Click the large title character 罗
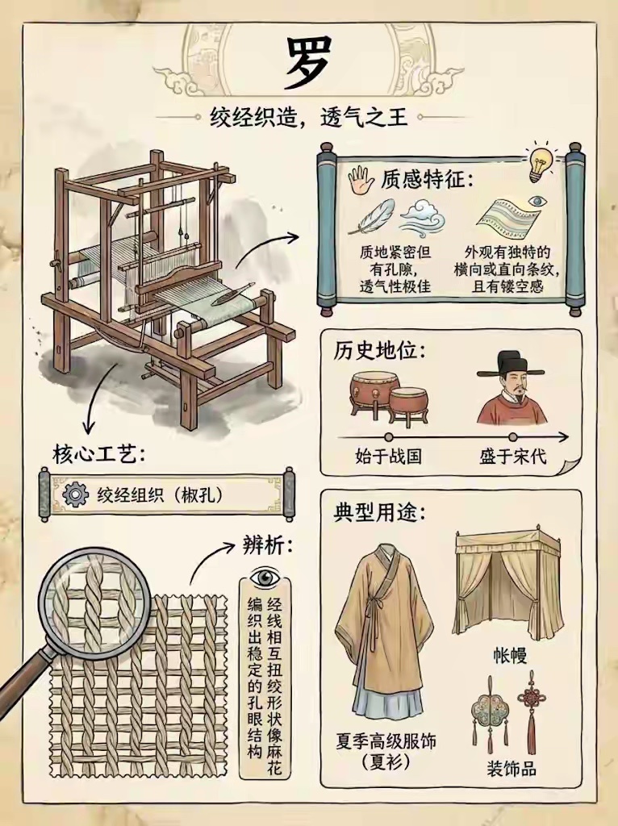coord(308,63)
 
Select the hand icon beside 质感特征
coord(361,180)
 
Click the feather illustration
coord(371,216)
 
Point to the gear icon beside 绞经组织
coord(75,494)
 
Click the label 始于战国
coord(388,456)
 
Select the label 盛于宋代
coord(512,456)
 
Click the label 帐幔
coord(510,656)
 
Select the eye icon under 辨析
coord(265,578)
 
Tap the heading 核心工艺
coord(98,453)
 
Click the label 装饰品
coord(511,769)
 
